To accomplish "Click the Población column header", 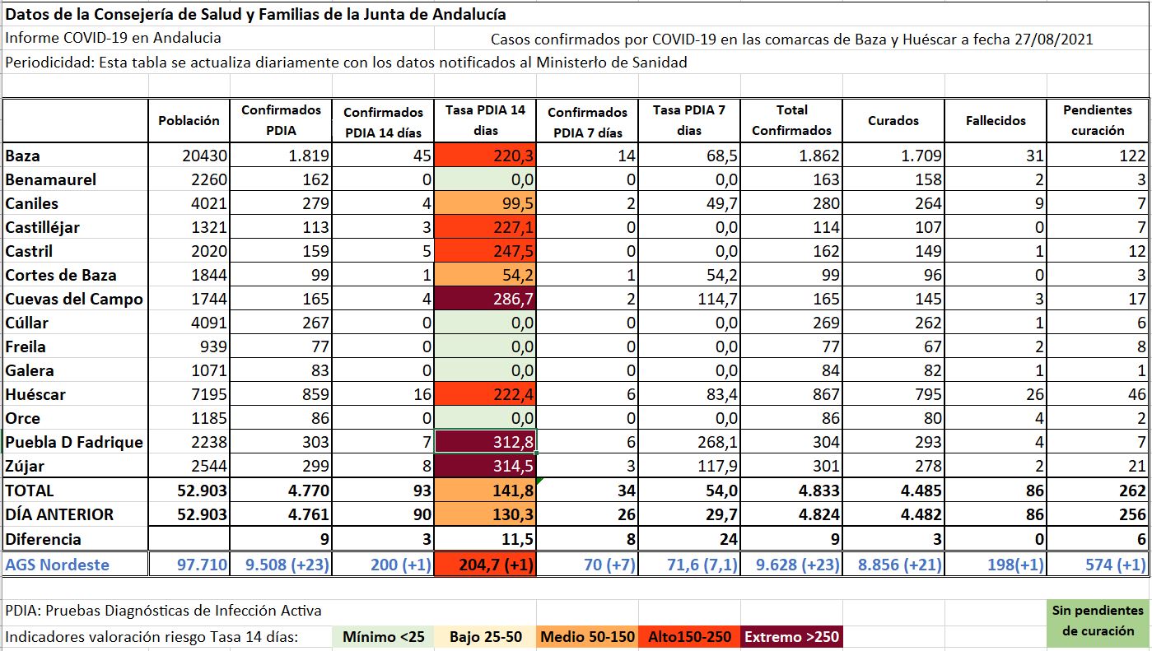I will (x=189, y=120).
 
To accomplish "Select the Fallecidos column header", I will (x=996, y=120).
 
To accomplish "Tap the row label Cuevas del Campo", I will (x=74, y=299).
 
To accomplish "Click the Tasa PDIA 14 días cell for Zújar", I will (x=485, y=466).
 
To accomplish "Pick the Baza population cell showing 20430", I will (x=189, y=156).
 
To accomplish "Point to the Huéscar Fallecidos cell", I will (x=996, y=394).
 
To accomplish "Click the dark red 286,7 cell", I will (x=485, y=299).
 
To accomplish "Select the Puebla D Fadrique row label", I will (x=74, y=442).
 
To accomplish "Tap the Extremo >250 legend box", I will (x=791, y=637).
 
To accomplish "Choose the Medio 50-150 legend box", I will (x=587, y=637).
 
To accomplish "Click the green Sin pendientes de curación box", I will (x=1098, y=621).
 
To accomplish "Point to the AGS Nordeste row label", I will (x=58, y=565).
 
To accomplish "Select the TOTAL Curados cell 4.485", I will (x=893, y=491).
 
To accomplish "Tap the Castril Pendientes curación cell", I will (x=1098, y=251).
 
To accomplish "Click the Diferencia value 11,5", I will (x=485, y=539).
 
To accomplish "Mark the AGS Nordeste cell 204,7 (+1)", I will (x=485, y=565).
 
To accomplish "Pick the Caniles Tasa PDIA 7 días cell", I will (x=688, y=203).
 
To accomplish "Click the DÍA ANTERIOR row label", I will (x=59, y=514).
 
